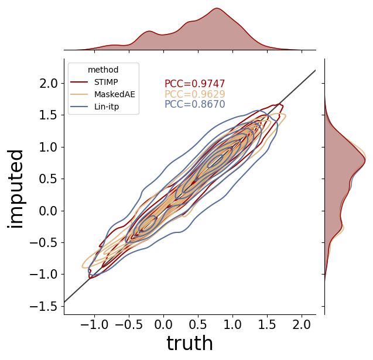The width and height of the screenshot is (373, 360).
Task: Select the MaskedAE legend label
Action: pos(115,94)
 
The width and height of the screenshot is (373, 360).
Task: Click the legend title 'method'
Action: pos(103,70)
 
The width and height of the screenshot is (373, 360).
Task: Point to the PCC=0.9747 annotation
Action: pos(195,84)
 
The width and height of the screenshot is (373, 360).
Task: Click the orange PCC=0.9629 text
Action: pos(195,94)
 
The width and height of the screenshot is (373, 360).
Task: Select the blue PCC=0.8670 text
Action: pos(195,104)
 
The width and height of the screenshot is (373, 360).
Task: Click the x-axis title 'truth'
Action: pos(190,343)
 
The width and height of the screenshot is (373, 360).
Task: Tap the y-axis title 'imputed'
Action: pos(15,189)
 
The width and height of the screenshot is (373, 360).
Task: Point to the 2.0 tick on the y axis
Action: pos(49,84)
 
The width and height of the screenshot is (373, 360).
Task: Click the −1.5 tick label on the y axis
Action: pos(43,306)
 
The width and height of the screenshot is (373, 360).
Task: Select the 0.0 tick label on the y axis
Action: pos(49,211)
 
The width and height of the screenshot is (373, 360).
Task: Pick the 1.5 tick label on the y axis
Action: pos(49,115)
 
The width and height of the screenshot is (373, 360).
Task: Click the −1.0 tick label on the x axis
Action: pos(94,324)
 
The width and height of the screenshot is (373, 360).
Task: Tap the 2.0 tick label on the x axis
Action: pos(302,324)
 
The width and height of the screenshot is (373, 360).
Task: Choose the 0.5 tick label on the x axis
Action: pos(198,324)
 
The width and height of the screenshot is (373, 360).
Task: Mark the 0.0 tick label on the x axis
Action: pos(163,324)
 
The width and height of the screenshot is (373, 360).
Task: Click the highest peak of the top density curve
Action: pos(217,8)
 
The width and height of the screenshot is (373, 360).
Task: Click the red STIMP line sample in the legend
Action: pos(79,82)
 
